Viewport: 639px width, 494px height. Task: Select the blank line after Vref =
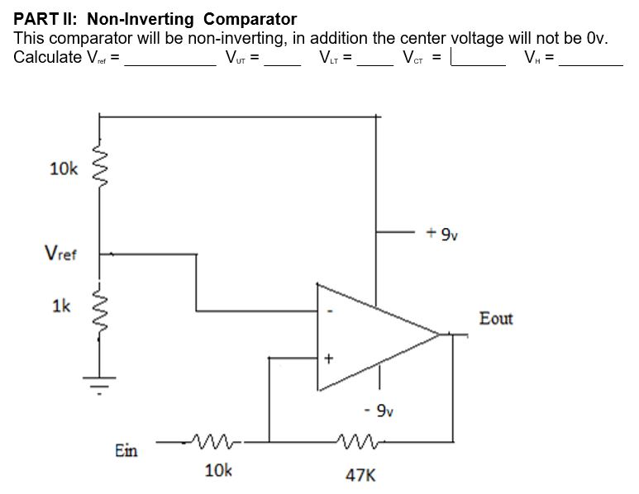(x=169, y=63)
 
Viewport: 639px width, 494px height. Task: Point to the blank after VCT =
(x=478, y=61)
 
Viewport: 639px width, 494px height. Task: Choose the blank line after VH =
(x=590, y=63)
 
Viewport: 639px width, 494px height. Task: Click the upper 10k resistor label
(x=63, y=169)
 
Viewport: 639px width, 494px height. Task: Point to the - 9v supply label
(x=379, y=410)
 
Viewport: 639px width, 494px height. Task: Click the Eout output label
(x=496, y=318)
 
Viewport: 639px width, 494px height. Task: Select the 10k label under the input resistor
(x=218, y=470)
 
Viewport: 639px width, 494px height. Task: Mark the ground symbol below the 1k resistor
(x=100, y=385)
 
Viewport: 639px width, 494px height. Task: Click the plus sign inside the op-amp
(x=329, y=359)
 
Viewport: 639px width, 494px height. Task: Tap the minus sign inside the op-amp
(x=330, y=312)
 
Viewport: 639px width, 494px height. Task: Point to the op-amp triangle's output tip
(x=439, y=334)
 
